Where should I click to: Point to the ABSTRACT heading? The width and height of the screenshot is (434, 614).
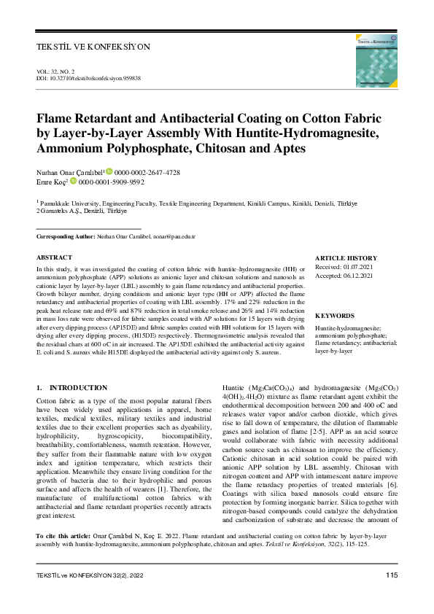coord(54,257)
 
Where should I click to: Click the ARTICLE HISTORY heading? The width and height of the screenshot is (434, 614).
coord(346,258)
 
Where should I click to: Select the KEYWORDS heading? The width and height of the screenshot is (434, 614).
coord(335,316)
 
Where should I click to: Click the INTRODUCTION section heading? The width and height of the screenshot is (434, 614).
coord(77,387)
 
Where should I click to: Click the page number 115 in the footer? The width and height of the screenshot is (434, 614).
coord(391,576)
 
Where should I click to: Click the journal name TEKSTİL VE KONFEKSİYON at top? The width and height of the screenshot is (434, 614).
coord(93,47)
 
